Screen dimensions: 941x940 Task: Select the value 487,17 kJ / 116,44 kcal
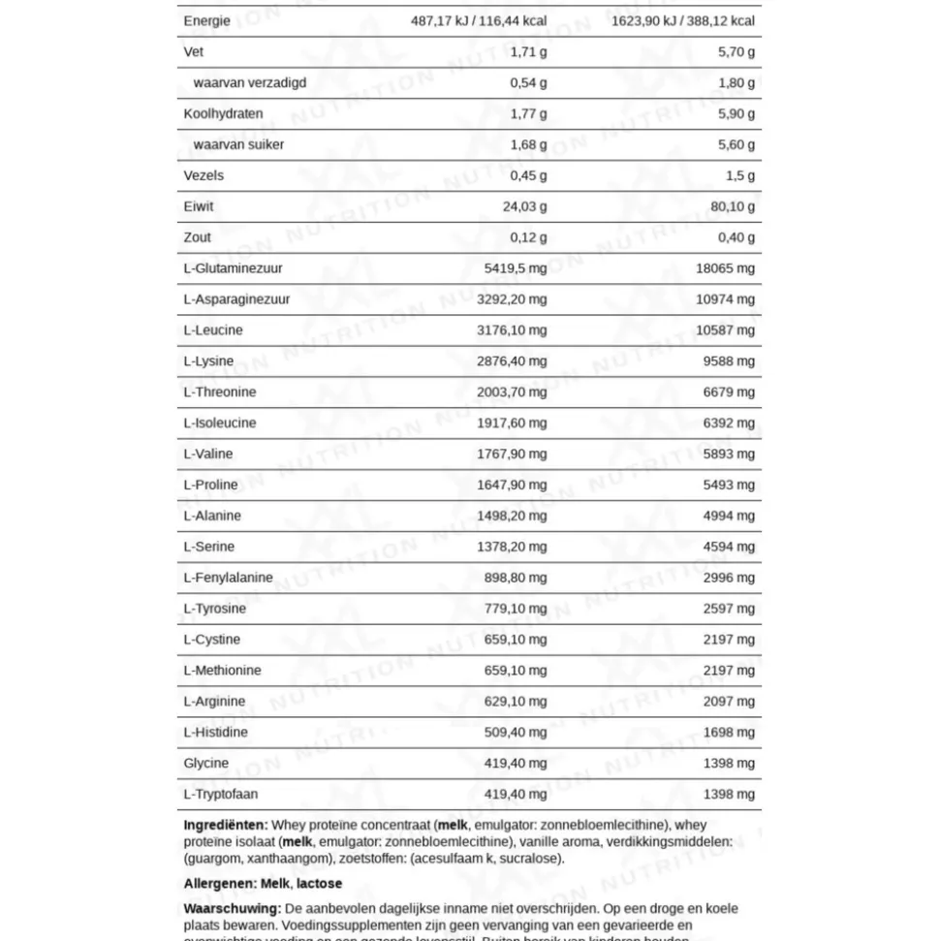(472, 20)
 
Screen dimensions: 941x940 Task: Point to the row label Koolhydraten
(223, 113)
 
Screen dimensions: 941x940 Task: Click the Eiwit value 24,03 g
(524, 206)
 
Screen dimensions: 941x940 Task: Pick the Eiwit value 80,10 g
(733, 206)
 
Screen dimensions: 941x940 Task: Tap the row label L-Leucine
(213, 329)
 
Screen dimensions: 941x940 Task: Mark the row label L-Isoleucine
(220, 423)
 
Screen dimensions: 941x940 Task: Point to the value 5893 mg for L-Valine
(729, 454)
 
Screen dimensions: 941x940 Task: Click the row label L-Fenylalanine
(229, 578)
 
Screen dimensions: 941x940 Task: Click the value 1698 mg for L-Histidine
(729, 732)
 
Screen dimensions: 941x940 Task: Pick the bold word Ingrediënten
(225, 825)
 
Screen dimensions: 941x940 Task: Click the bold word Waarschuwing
(232, 909)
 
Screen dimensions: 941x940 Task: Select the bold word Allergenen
(219, 884)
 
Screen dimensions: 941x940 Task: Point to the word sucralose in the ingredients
(532, 858)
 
